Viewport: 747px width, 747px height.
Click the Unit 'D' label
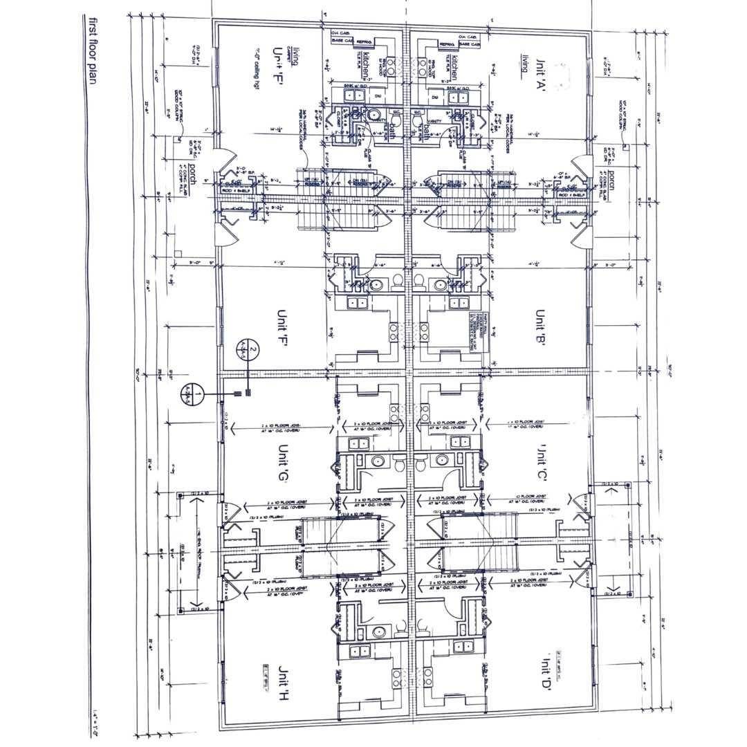pyautogui.click(x=542, y=670)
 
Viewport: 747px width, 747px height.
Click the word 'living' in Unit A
pyautogui.click(x=526, y=63)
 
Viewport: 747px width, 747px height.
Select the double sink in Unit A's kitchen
pyautogui.click(x=456, y=97)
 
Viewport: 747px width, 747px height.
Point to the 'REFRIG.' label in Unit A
pyautogui.click(x=446, y=44)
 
